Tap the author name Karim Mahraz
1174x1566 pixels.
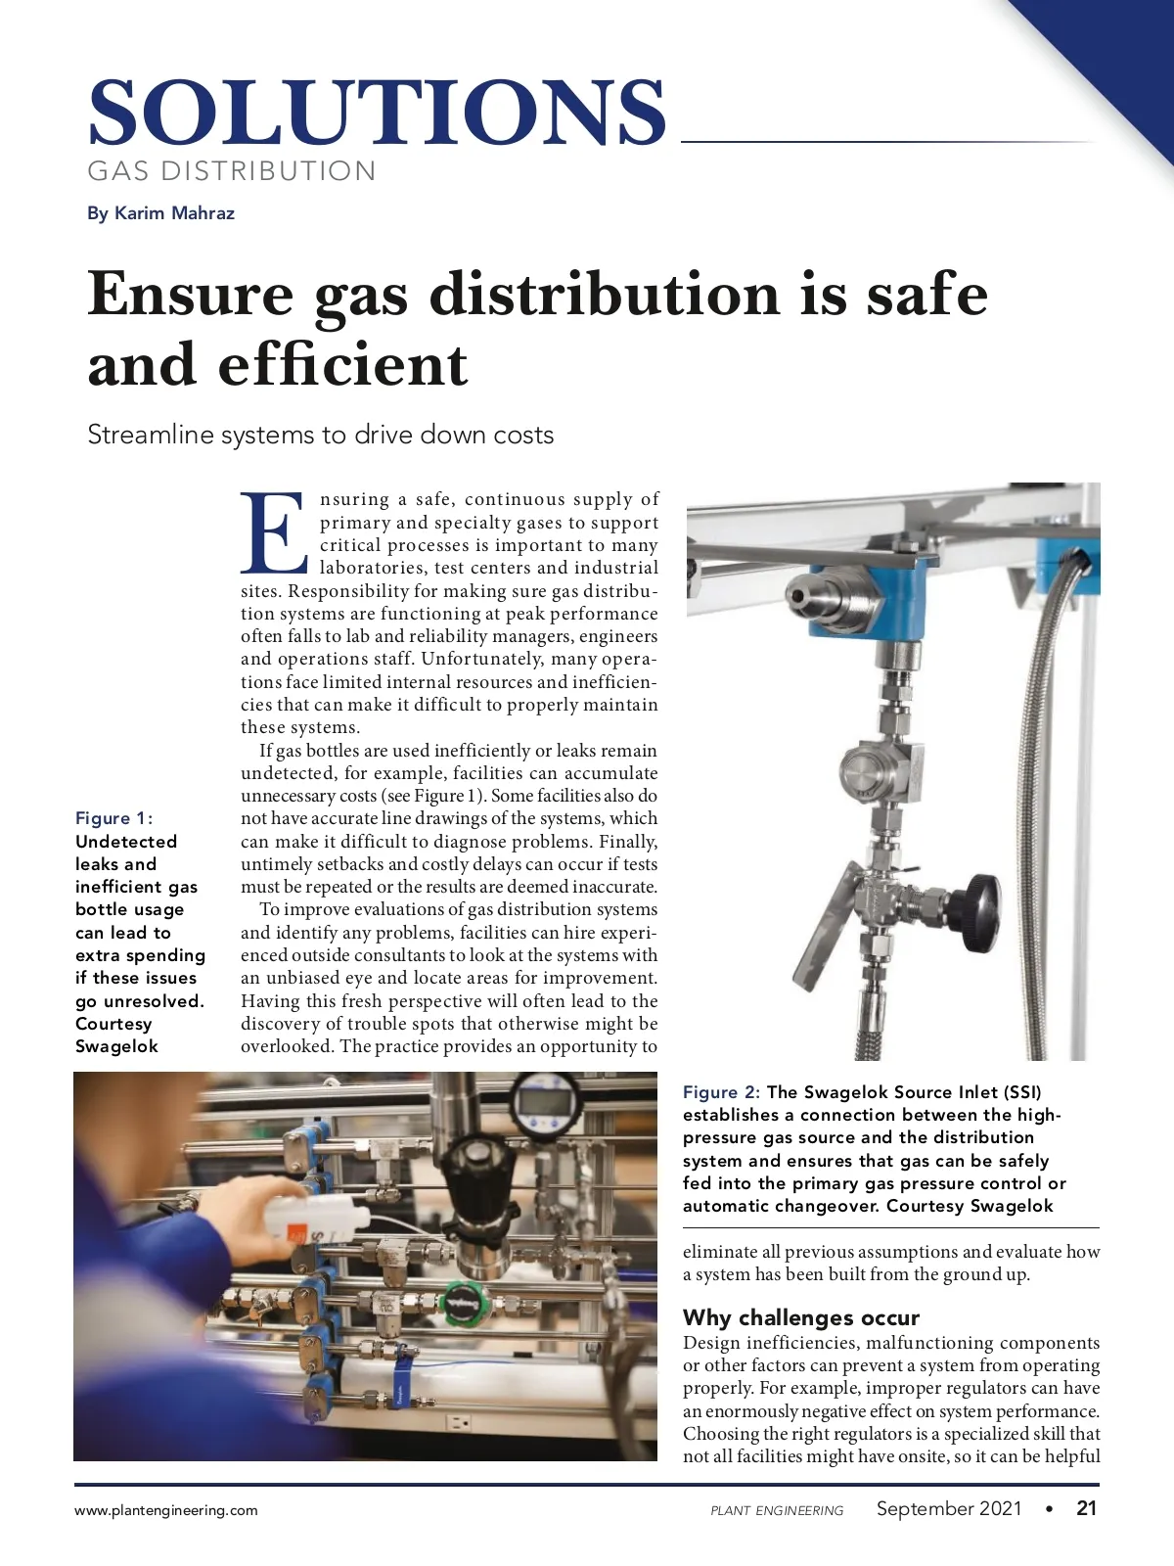174,213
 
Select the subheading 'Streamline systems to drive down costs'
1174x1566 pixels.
321,435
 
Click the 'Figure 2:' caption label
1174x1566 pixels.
721,1092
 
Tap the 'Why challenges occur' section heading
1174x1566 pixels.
801,1317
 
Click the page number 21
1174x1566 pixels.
1086,1508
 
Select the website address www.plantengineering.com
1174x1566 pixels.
166,1510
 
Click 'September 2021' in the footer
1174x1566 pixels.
949,1508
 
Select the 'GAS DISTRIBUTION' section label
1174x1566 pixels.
232,171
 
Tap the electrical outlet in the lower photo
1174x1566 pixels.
459,1421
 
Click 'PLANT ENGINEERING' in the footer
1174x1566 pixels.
777,1511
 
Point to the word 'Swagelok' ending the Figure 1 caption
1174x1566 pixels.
116,1046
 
